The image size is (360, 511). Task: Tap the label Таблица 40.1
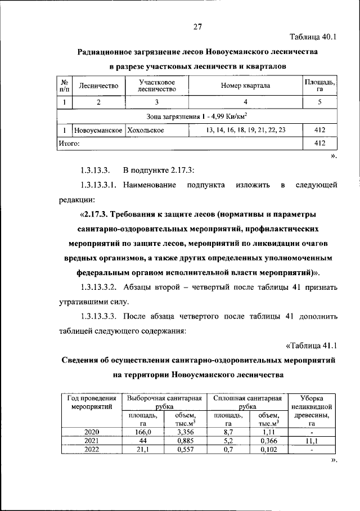click(x=313, y=38)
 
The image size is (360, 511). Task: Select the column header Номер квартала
click(x=245, y=86)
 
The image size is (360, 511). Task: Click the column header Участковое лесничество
click(x=157, y=86)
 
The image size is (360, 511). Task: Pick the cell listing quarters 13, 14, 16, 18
click(x=245, y=129)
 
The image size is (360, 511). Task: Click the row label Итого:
click(x=69, y=144)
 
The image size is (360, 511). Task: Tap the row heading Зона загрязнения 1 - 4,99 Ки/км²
click(x=197, y=116)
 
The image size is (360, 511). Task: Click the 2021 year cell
click(x=91, y=441)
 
